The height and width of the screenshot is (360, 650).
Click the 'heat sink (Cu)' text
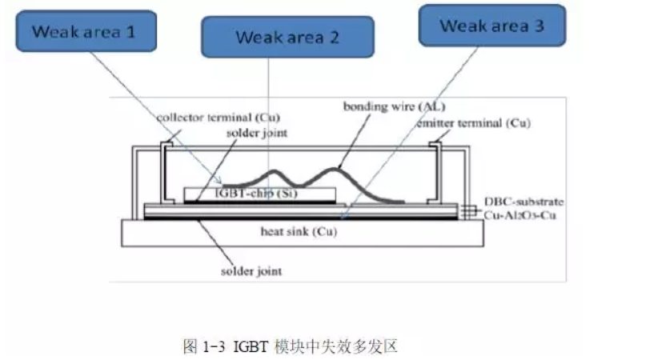pos(301,232)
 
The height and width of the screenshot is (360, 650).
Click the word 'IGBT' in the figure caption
pos(247,346)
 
